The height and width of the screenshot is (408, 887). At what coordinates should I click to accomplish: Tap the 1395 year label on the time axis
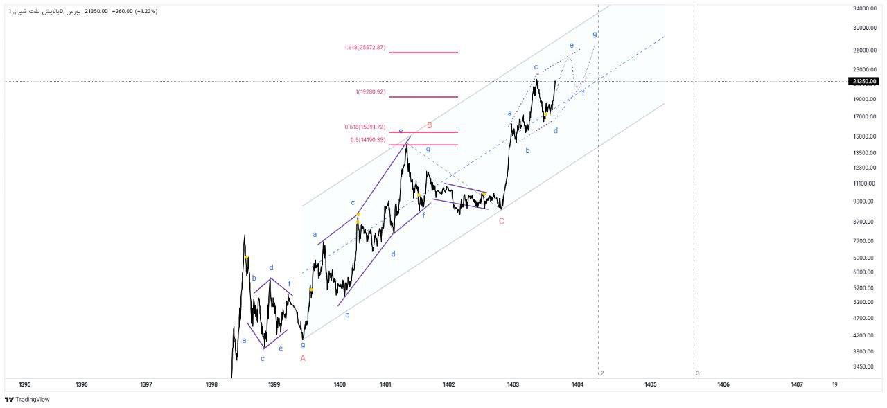24,384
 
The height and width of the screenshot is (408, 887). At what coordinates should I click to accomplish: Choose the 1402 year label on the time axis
448,384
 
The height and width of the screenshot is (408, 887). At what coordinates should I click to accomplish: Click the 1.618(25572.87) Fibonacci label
364,48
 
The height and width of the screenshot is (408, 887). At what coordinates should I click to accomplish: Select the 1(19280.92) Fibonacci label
370,92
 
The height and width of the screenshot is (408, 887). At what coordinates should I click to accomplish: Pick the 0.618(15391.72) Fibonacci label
365,127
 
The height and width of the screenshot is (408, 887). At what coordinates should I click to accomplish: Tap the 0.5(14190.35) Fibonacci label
367,140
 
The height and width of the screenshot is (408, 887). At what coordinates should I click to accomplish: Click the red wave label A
303,358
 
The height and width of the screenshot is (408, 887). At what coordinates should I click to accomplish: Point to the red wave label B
430,125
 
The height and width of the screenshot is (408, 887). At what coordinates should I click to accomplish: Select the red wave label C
501,221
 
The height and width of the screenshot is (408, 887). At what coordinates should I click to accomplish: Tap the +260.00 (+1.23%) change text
134,11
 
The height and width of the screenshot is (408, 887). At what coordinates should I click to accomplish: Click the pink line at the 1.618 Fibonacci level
423,53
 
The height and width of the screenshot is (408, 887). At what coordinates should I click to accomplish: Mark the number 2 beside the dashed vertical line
602,373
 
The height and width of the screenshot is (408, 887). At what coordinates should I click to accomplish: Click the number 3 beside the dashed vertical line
698,373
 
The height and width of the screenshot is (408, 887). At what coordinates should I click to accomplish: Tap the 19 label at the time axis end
835,384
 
